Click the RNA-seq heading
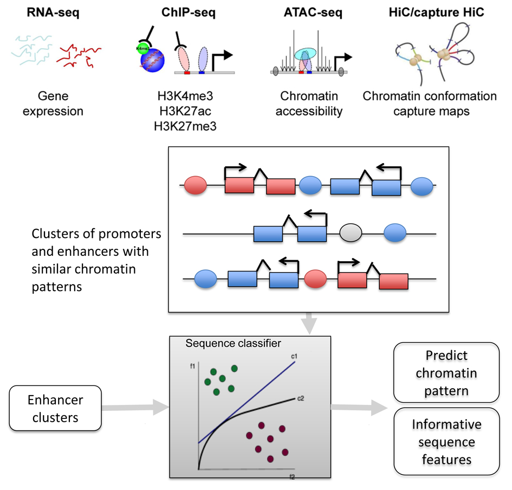point(53,12)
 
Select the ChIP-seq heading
point(189,12)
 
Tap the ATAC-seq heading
point(312,12)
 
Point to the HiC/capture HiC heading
point(429,12)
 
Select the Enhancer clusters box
point(56,409)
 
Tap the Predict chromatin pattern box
point(446,373)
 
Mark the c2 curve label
point(300,399)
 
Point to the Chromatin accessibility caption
point(311,104)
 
